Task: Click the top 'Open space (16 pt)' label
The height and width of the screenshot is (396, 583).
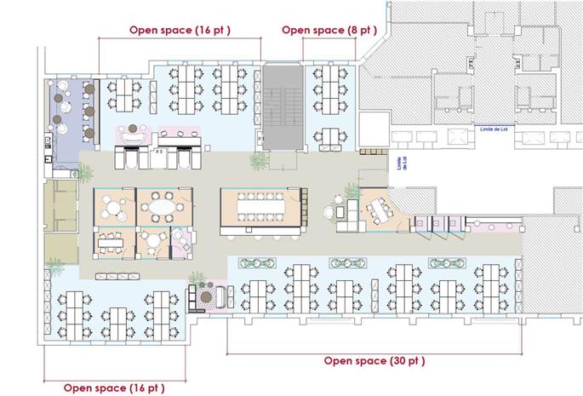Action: pyautogui.click(x=180, y=30)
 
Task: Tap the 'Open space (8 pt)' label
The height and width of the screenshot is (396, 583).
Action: pyautogui.click(x=329, y=30)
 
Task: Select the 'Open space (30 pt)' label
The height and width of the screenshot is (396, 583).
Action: pyautogui.click(x=374, y=360)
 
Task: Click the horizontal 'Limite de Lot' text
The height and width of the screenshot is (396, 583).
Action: pyautogui.click(x=494, y=129)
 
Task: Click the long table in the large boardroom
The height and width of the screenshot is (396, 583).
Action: pyautogui.click(x=261, y=205)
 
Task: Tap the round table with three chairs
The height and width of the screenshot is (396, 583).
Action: pyautogui.click(x=113, y=207)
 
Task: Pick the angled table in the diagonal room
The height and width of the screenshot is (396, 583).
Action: pyautogui.click(x=378, y=209)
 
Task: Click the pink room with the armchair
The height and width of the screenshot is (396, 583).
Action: pyautogui.click(x=181, y=243)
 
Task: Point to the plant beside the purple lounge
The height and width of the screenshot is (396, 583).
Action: pyautogui.click(x=85, y=170)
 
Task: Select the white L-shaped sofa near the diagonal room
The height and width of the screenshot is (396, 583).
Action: pyautogui.click(x=341, y=214)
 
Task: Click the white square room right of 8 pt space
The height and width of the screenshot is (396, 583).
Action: pyautogui.click(x=372, y=130)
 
